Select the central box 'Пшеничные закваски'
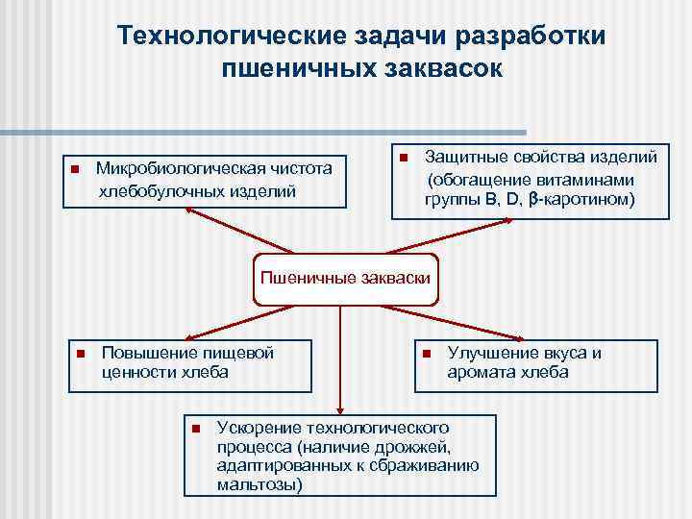345,280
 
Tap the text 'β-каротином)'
584,200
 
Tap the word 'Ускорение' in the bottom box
259,426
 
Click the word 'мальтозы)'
259,484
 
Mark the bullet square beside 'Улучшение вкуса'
426,354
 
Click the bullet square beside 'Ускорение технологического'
195,427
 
